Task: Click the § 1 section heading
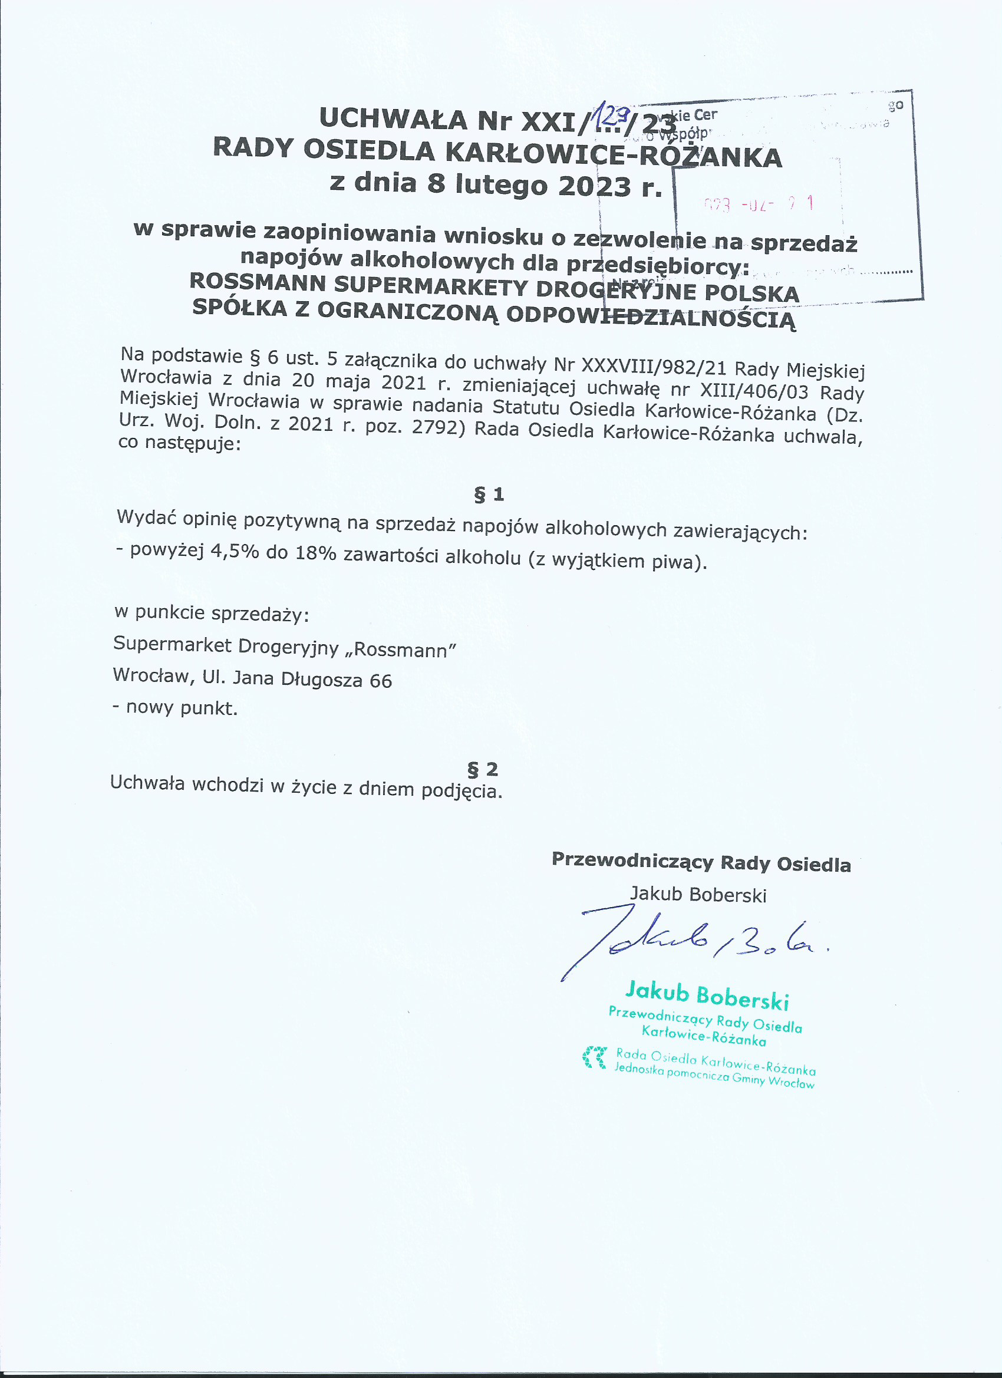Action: (x=489, y=495)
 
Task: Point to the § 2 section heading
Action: (x=483, y=769)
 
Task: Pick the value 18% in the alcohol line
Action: (x=315, y=553)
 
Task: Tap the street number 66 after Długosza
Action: (x=380, y=681)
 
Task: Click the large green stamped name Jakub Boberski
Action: (x=707, y=997)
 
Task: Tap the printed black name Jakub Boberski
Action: (x=698, y=894)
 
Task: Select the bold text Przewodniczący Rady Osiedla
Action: (x=701, y=862)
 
